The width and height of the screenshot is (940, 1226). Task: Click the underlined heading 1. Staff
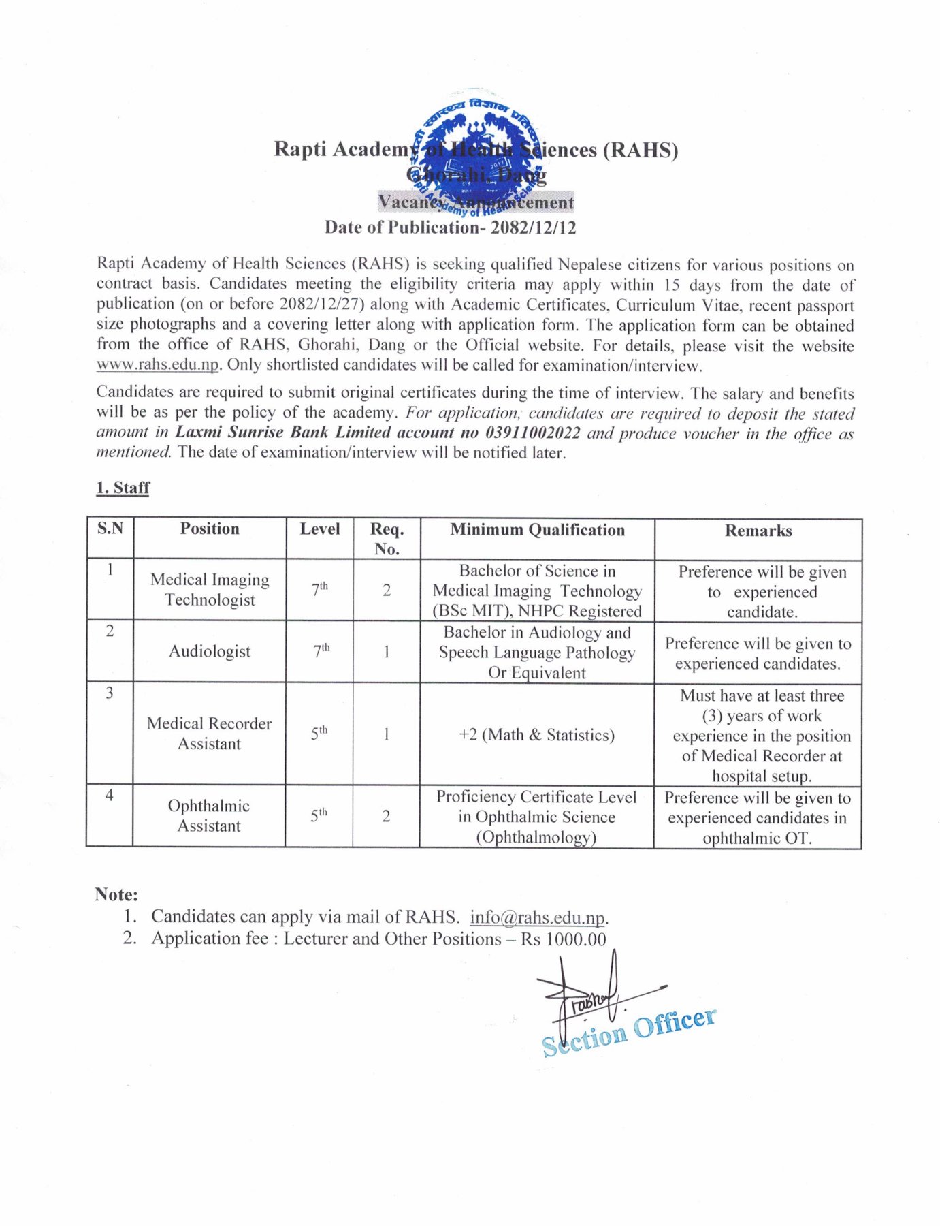pos(123,488)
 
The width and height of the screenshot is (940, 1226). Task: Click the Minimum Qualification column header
pos(537,530)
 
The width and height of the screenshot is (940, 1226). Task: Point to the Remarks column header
pos(758,531)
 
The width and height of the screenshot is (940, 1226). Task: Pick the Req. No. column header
pos(387,539)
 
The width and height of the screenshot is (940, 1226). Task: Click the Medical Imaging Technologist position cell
pos(210,589)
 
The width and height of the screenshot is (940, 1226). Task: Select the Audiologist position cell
pos(210,651)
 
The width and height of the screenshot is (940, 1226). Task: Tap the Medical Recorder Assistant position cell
pos(209,734)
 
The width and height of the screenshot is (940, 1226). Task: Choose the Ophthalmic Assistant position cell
pos(209,815)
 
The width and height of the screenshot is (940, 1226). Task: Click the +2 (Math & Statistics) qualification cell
pos(537,735)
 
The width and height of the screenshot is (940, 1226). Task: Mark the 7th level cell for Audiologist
pos(321,651)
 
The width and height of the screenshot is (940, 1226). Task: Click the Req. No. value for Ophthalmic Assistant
pos(386,816)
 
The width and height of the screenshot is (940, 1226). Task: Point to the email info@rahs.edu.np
pos(537,917)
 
